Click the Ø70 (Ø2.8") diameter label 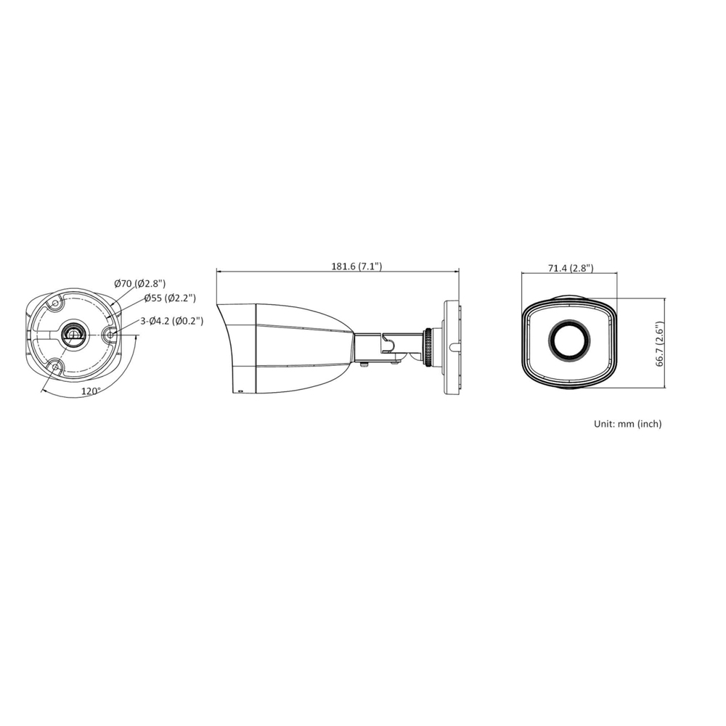tap(139, 284)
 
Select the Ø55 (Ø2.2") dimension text tap(169, 298)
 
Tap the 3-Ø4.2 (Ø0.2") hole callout tap(171, 320)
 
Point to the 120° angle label tap(90, 391)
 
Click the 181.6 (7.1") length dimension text tap(356, 266)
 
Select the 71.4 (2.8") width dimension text tap(570, 268)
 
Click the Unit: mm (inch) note tap(627, 423)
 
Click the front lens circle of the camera tap(569, 340)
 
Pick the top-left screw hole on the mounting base tap(54, 304)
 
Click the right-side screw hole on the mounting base tap(110, 335)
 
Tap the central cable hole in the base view tap(73, 334)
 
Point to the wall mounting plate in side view tap(452, 347)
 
